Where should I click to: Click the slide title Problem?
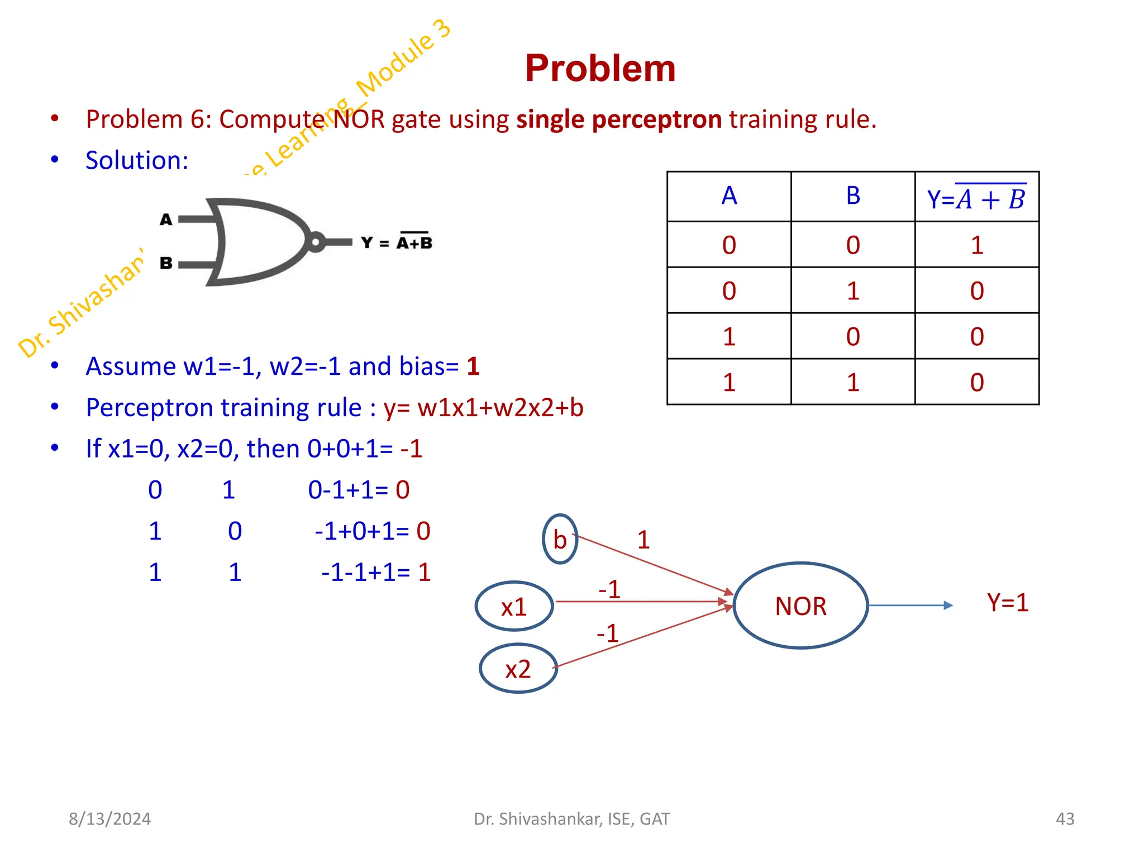pyautogui.click(x=600, y=69)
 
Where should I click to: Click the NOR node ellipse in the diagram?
pyautogui.click(x=800, y=606)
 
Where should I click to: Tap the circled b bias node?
pyautogui.click(x=560, y=540)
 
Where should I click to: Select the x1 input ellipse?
pyautogui.click(x=514, y=607)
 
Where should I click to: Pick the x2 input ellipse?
pyautogui.click(x=518, y=669)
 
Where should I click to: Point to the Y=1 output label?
pyautogui.click(x=1007, y=603)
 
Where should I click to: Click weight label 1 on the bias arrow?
pyautogui.click(x=643, y=540)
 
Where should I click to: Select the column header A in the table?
pyautogui.click(x=729, y=196)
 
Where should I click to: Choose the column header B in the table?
pyautogui.click(x=853, y=196)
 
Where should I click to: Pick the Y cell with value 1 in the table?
pyautogui.click(x=976, y=245)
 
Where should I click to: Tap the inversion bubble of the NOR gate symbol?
pyautogui.click(x=315, y=242)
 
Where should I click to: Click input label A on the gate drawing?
pyautogui.click(x=166, y=220)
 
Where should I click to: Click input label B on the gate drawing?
pyautogui.click(x=166, y=263)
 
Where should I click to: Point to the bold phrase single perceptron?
pyautogui.click(x=619, y=120)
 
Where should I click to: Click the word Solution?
pyautogui.click(x=137, y=160)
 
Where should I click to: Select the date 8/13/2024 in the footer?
pyautogui.click(x=109, y=819)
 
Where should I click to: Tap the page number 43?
pyautogui.click(x=1065, y=819)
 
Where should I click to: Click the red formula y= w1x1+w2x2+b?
pyautogui.click(x=483, y=408)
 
